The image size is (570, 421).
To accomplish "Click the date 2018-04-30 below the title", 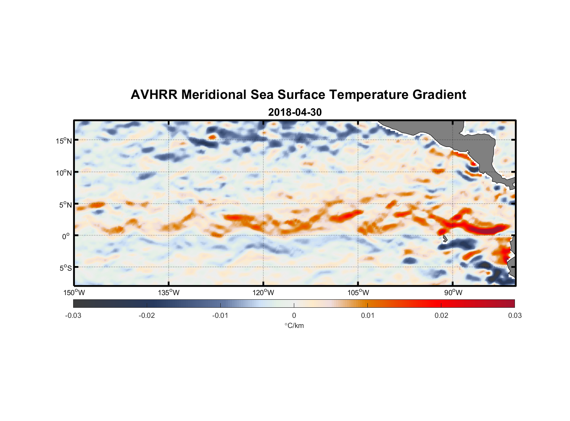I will [295, 112].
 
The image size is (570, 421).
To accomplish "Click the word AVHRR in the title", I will [153, 95].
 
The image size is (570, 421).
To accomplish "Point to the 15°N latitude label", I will [64, 141].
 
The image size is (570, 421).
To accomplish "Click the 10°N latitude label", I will [64, 173].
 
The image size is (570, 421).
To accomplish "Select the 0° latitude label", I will [66, 236].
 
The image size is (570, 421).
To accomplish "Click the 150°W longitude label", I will [74, 293].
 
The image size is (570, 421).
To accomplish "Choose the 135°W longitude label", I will [169, 293].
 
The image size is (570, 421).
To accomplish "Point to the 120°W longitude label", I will [264, 293].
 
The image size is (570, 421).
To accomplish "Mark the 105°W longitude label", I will [358, 293].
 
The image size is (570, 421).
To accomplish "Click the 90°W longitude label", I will [453, 293].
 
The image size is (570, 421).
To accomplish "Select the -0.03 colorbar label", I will [73, 315].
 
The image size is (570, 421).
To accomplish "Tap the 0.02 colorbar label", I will [441, 315].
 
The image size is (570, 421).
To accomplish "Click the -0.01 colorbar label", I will [220, 315].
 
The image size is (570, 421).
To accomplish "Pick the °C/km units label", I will [294, 325].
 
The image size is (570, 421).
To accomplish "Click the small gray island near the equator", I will [445, 239].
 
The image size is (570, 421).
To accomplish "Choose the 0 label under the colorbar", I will [294, 315].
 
